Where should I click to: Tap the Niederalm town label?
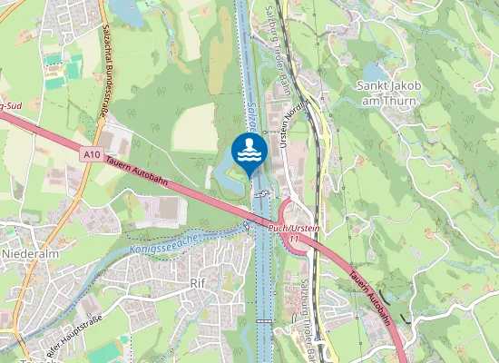click(30, 254)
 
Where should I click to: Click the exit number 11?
click(293, 238)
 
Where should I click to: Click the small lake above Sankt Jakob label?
click(374, 72)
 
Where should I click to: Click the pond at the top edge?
click(126, 11)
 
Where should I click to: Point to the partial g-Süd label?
click(11, 107)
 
